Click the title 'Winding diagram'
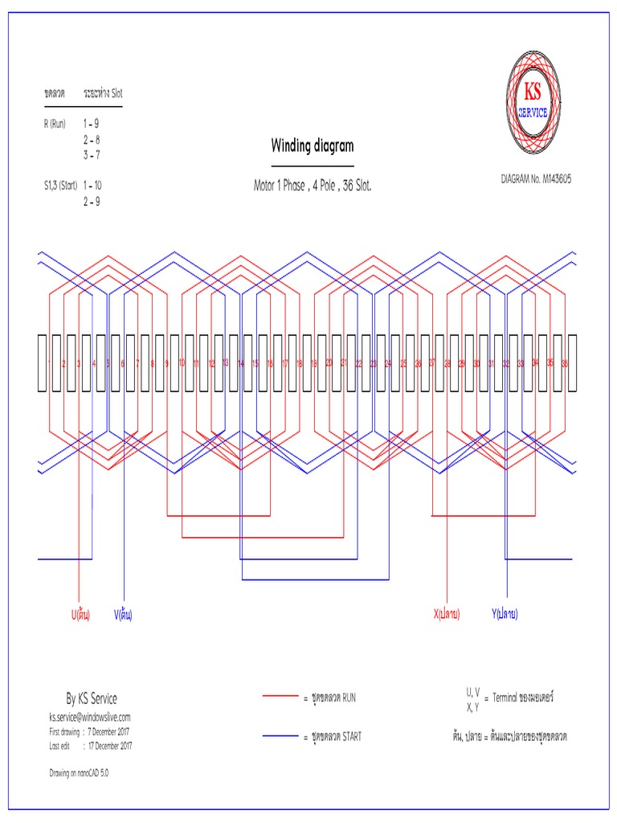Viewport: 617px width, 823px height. pyautogui.click(x=312, y=145)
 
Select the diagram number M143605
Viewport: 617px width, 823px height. pyautogui.click(x=535, y=179)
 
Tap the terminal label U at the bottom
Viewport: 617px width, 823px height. pyautogui.click(x=80, y=615)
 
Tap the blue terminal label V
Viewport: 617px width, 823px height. pyautogui.click(x=123, y=615)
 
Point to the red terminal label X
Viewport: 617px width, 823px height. pyautogui.click(x=447, y=615)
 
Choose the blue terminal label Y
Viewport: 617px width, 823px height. pyautogui.click(x=505, y=615)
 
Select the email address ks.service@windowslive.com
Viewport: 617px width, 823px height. pyautogui.click(x=90, y=716)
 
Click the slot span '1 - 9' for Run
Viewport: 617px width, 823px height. pyautogui.click(x=91, y=125)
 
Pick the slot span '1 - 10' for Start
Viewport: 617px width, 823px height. pyautogui.click(x=92, y=185)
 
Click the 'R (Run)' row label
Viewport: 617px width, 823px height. pyautogui.click(x=55, y=125)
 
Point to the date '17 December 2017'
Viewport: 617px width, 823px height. pyautogui.click(x=110, y=745)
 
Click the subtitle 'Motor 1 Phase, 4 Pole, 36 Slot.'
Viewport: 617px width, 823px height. pyautogui.click(x=313, y=186)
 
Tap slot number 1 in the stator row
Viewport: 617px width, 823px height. pyautogui.click(x=49, y=363)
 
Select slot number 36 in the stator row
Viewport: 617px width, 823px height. pyautogui.click(x=565, y=363)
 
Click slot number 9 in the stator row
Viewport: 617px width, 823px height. pyautogui.click(x=167, y=363)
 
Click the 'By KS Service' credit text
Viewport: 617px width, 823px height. pyautogui.click(x=91, y=698)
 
